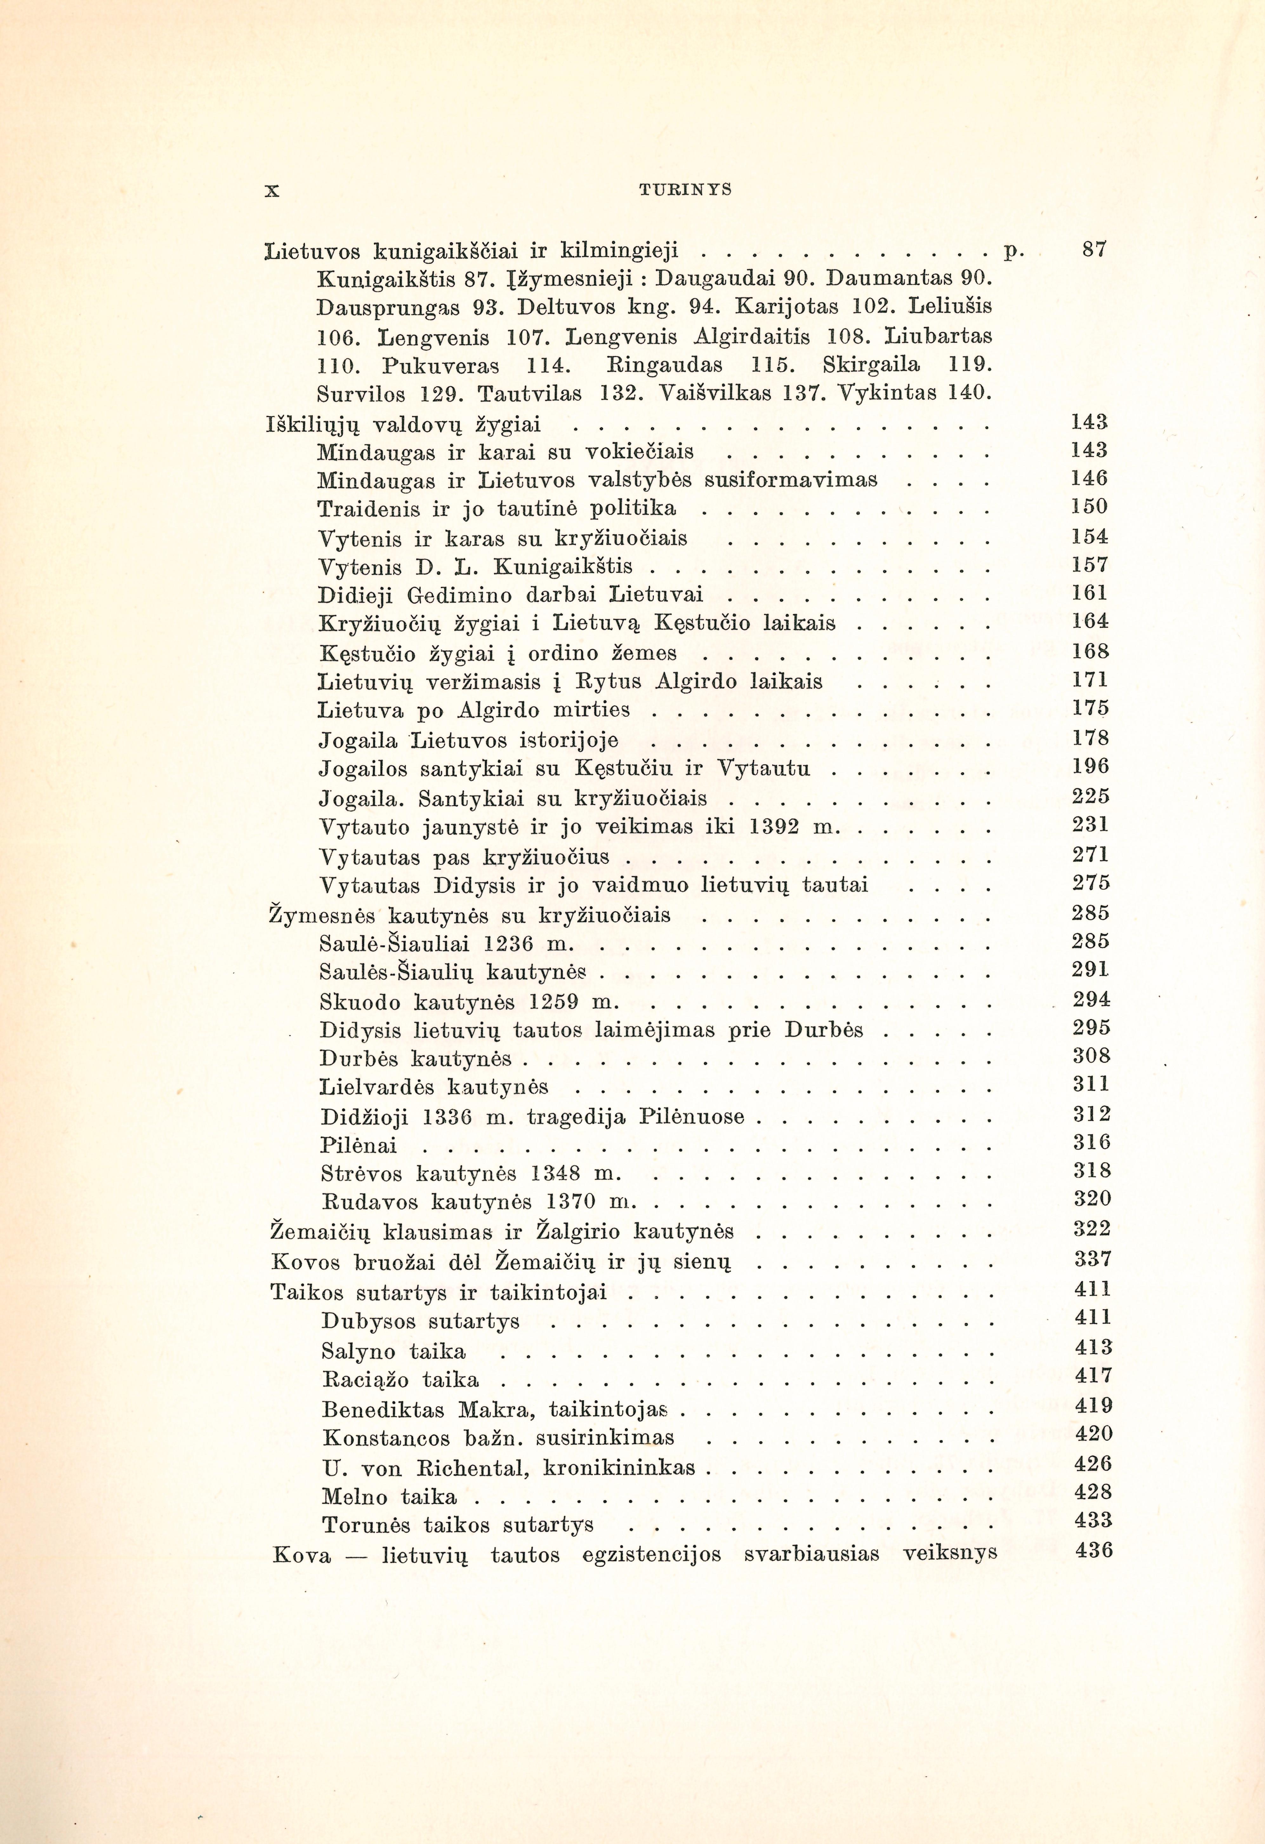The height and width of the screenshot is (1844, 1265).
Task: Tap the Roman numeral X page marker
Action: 272,190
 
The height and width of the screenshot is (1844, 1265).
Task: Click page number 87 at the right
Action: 1094,249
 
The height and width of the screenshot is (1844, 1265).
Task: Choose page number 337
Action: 1092,1259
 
